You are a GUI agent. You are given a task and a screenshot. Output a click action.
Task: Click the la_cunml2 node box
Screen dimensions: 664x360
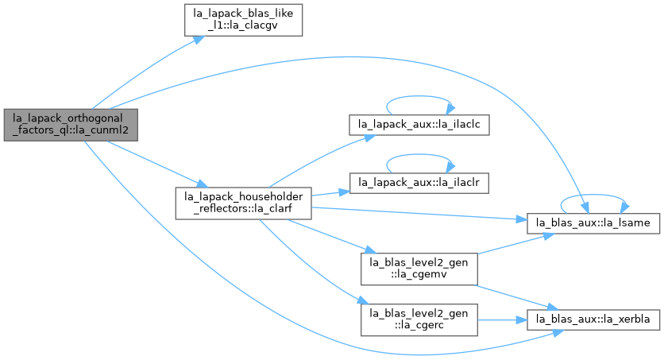click(71, 125)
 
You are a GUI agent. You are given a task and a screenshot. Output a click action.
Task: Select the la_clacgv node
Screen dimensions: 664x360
click(243, 20)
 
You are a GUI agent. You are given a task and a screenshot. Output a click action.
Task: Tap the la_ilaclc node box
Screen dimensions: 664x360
click(419, 125)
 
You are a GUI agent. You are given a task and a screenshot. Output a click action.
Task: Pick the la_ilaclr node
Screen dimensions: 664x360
click(419, 183)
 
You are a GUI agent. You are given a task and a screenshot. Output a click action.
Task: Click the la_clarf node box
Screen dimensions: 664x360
click(244, 203)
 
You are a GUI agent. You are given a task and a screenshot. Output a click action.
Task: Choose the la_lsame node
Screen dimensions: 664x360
click(593, 223)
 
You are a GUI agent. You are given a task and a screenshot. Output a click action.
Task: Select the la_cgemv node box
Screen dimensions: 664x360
click(419, 269)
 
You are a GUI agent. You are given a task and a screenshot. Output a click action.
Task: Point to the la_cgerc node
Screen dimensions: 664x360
click(419, 319)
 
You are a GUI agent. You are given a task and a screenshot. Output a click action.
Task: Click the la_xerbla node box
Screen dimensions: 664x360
click(593, 319)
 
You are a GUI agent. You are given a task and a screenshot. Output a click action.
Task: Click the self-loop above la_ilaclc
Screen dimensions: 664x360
click(419, 96)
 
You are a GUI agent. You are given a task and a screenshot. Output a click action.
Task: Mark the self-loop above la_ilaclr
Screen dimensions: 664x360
click(419, 155)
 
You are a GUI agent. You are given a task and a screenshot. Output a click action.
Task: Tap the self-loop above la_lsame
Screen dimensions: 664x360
click(593, 195)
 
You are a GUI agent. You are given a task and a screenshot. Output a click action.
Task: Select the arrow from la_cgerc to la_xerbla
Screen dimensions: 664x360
click(502, 320)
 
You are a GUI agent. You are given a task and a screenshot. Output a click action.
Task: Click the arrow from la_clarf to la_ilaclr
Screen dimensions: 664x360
click(330, 193)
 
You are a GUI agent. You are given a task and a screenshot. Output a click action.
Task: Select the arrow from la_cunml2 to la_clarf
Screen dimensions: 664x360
click(157, 164)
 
